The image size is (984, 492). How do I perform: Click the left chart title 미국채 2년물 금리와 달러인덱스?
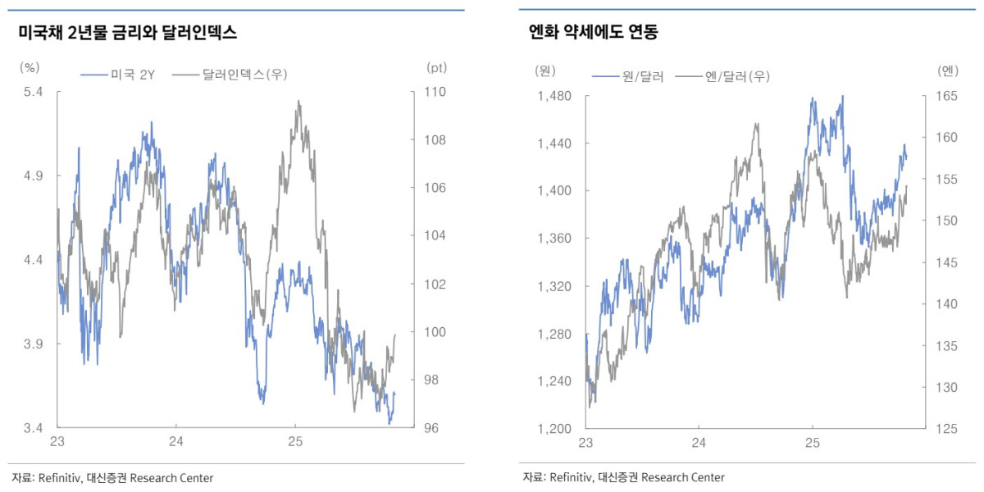127,34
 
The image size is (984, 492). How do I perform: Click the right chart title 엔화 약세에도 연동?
594,34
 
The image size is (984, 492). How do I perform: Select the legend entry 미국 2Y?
132,75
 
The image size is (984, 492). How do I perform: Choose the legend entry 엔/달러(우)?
737,76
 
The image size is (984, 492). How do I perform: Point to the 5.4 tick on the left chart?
33,92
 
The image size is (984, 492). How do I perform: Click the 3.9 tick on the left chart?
33,344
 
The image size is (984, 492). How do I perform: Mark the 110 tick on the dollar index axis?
435,92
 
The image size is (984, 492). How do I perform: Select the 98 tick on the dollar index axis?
432,380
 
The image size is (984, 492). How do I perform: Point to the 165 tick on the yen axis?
946,97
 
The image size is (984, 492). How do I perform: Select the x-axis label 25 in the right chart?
812,443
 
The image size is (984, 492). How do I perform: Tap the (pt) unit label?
435,68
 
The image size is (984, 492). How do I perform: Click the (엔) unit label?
947,71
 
